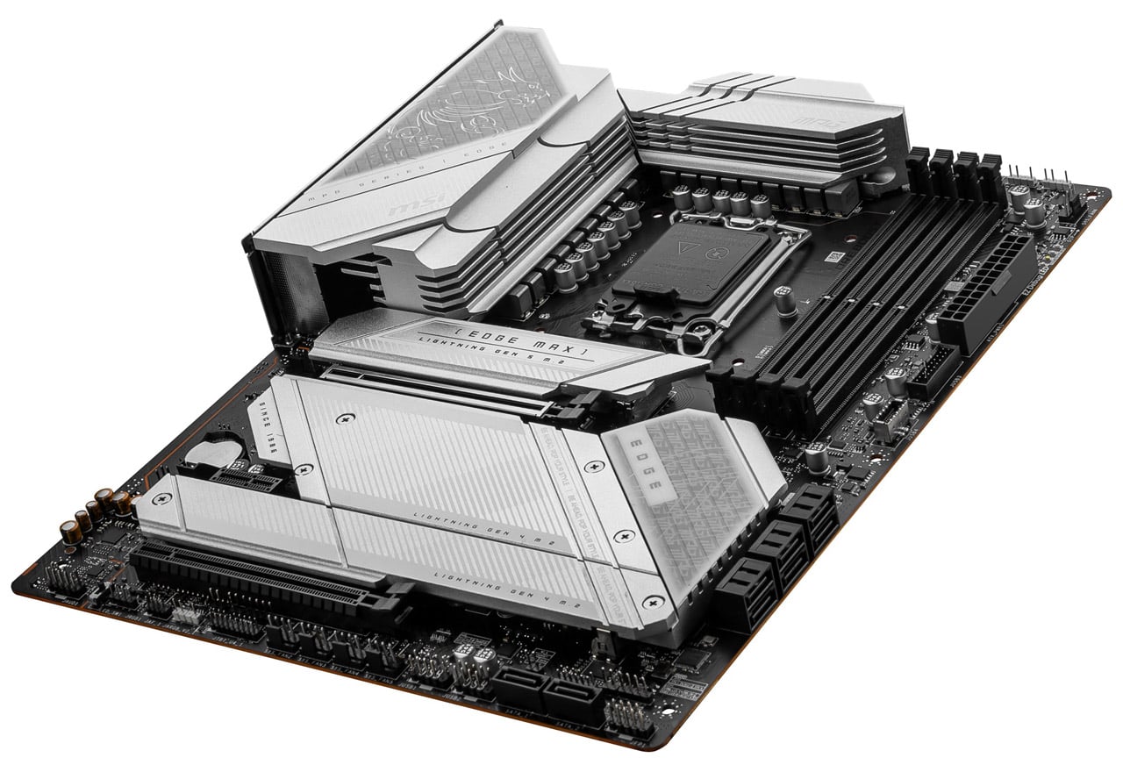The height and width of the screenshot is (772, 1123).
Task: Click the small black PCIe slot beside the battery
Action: (247, 478)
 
